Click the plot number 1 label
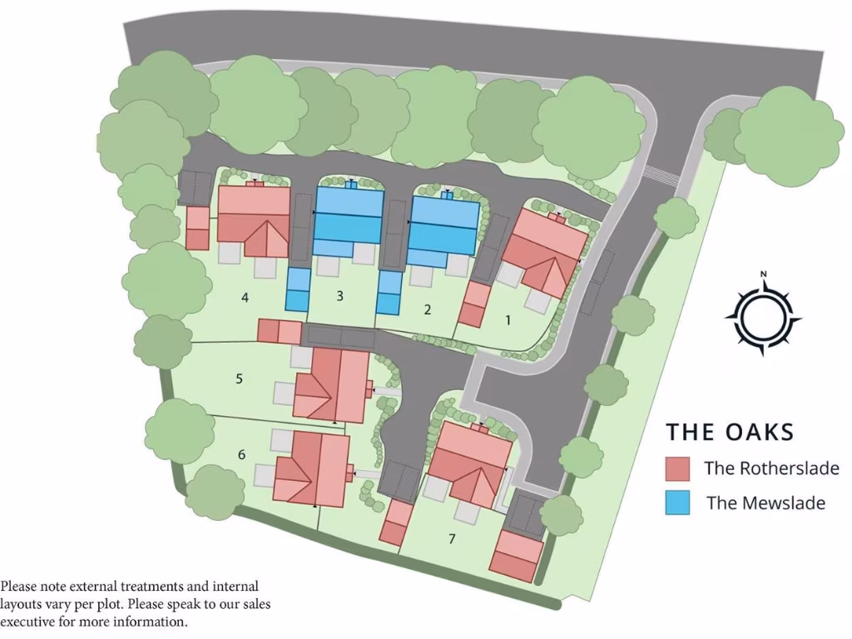tap(509, 318)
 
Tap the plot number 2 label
tap(428, 310)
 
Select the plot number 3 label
tap(340, 295)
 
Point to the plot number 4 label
tap(245, 297)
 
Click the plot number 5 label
tap(239, 379)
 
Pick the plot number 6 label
tap(241, 454)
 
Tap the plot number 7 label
tap(452, 538)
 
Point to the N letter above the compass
tap(763, 274)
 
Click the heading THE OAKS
tap(730, 432)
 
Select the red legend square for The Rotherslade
tap(677, 468)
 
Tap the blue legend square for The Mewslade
tap(677, 503)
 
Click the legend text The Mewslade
tap(765, 503)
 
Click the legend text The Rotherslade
tap(771, 468)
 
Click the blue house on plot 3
tap(349, 220)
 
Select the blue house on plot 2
tap(443, 225)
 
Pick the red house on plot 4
tap(254, 218)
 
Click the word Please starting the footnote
tap(19, 587)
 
